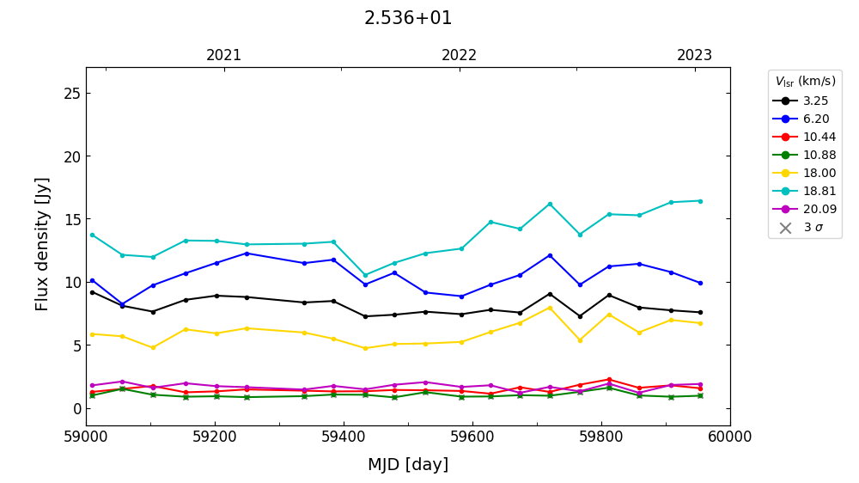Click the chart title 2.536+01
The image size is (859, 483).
coord(408,18)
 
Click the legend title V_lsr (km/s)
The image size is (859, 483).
coord(805,82)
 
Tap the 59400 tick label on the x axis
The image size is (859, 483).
coord(344,437)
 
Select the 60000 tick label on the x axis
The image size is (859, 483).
coord(730,437)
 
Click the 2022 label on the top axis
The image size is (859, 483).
coord(460,56)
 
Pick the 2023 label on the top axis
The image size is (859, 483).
coord(695,56)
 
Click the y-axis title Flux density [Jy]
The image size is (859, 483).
coord(43,244)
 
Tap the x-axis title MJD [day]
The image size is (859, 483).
coord(408,465)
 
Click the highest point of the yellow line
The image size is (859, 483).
coord(550,308)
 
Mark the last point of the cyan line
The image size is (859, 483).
coord(700,201)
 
